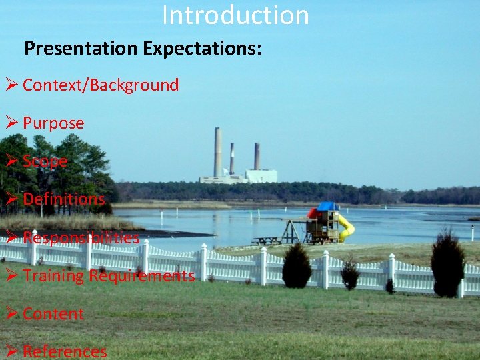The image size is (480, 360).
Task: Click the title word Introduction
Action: [x=235, y=15]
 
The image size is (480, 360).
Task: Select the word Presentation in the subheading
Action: [x=81, y=49]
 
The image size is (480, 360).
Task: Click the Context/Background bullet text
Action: [x=101, y=85]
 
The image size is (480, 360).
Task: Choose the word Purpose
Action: [x=53, y=123]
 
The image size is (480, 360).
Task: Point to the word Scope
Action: [x=45, y=161]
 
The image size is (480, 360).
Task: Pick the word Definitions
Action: [x=64, y=199]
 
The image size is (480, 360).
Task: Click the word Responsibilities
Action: [x=81, y=238]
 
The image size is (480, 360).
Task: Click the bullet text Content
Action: [x=53, y=314]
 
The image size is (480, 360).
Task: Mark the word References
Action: [x=65, y=352]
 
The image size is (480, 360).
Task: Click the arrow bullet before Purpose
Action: [x=11, y=123]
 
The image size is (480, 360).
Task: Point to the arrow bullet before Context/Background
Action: [x=11, y=85]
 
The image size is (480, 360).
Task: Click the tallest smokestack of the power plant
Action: [x=217, y=151]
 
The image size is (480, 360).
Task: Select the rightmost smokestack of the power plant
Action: [x=257, y=155]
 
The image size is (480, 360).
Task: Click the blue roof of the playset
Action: [x=327, y=206]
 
